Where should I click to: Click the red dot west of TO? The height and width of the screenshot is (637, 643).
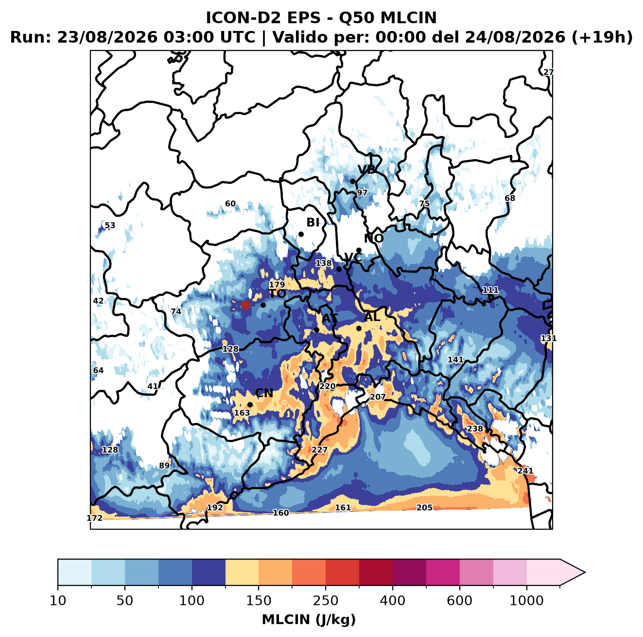click(245, 305)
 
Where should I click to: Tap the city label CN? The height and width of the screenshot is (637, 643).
click(264, 393)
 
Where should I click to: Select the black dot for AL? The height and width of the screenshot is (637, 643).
click(359, 328)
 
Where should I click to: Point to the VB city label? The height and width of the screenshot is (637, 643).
click(367, 169)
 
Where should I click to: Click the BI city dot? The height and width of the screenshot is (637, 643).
click(301, 235)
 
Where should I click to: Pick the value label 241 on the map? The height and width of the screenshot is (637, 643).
click(525, 470)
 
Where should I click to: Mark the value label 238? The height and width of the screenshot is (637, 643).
click(475, 428)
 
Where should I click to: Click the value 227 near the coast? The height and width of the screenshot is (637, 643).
click(319, 450)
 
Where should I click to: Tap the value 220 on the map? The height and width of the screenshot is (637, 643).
click(328, 386)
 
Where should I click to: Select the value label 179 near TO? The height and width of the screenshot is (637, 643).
click(277, 285)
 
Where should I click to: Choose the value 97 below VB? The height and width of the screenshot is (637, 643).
click(362, 193)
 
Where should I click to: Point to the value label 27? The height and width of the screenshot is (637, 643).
click(548, 72)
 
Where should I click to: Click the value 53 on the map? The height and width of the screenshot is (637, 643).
click(110, 225)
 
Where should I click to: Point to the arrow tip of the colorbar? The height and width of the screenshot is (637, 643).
click(585, 572)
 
